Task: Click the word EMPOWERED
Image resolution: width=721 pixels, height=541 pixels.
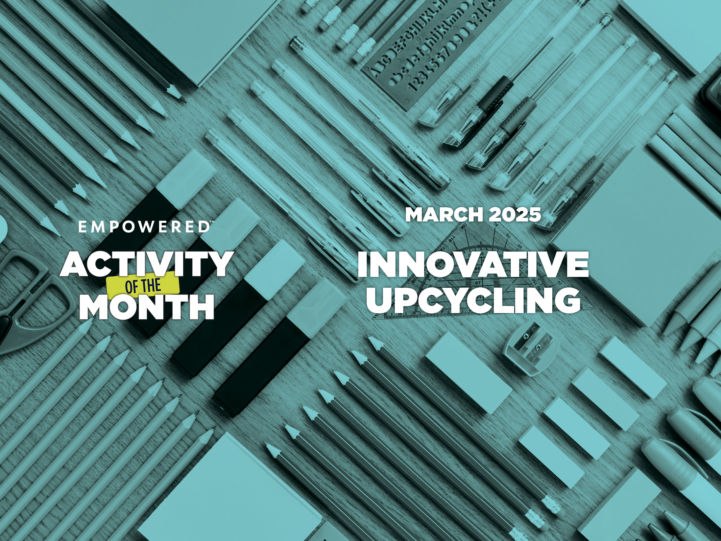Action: (143, 227)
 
